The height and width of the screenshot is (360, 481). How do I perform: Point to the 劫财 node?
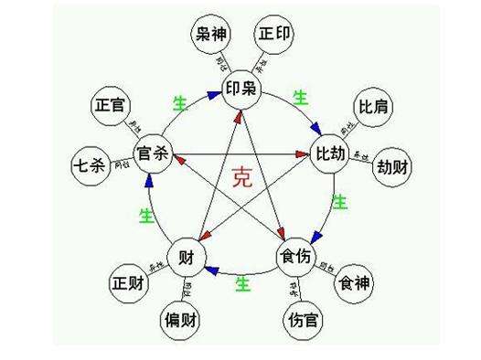pyautogui.click(x=396, y=169)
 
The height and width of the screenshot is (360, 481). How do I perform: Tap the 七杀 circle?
pyautogui.click(x=90, y=166)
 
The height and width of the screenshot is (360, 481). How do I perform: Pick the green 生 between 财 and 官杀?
pyautogui.click(x=145, y=215)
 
